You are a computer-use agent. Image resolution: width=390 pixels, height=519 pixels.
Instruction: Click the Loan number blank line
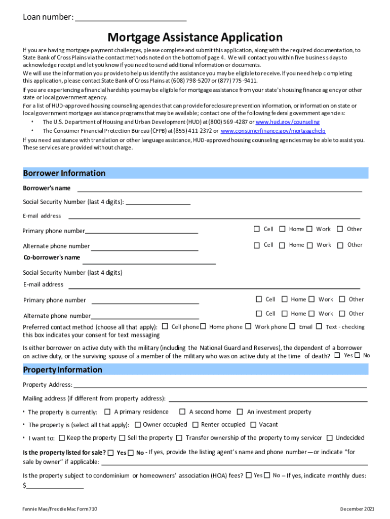131,19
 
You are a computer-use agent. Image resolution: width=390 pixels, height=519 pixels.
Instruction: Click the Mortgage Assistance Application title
195,37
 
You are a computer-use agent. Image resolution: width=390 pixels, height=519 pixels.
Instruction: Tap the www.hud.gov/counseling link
287,122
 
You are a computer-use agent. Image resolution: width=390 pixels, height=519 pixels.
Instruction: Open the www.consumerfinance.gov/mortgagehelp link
273,131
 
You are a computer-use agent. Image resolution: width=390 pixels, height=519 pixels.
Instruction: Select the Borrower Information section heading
64,173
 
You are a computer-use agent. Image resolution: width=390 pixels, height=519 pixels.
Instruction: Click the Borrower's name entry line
219,189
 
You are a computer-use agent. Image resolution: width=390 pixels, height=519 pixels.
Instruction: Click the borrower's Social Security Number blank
158,202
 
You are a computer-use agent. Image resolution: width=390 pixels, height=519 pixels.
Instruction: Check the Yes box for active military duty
337,355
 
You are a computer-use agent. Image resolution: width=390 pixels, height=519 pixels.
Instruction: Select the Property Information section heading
63,369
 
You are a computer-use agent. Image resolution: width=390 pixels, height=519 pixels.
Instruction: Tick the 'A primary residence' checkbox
107,412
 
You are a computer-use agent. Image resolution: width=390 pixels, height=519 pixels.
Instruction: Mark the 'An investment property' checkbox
240,412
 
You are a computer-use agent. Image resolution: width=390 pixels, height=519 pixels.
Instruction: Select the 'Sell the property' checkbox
122,438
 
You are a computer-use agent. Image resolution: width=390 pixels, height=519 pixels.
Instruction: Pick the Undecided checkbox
330,438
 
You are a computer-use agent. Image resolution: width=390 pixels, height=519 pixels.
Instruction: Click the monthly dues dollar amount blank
55,486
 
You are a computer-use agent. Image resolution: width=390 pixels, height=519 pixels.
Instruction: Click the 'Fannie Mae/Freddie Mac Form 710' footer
60,508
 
